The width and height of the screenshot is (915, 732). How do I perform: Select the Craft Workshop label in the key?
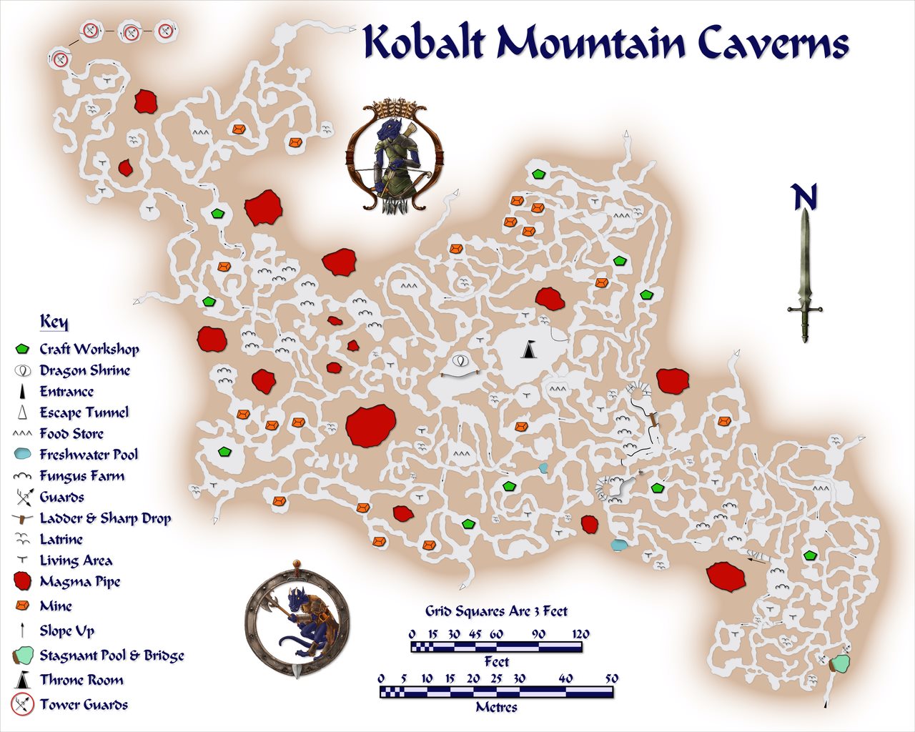pyautogui.click(x=89, y=349)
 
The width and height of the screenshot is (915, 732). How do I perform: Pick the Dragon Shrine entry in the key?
pyautogui.click(x=84, y=370)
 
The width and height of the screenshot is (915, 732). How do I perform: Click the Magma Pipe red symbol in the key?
pyautogui.click(x=22, y=581)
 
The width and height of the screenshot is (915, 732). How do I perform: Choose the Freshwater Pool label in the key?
pyautogui.click(x=89, y=455)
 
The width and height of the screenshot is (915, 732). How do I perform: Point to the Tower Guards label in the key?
pyautogui.click(x=84, y=704)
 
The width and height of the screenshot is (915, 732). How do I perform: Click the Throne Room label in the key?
pyautogui.click(x=81, y=680)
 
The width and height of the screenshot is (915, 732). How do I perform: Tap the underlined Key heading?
pyautogui.click(x=54, y=322)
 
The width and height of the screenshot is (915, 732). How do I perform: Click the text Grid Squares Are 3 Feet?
pyautogui.click(x=496, y=611)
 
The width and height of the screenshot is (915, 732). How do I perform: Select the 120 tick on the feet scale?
pyautogui.click(x=580, y=634)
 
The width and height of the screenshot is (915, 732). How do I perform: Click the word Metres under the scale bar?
pyautogui.click(x=496, y=707)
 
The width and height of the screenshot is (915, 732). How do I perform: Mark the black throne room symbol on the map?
pyautogui.click(x=528, y=350)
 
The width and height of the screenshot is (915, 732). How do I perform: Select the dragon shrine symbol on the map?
pyautogui.click(x=460, y=360)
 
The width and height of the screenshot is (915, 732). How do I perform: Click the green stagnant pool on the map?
pyautogui.click(x=841, y=662)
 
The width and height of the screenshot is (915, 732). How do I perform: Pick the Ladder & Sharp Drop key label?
pyautogui.click(x=105, y=518)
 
